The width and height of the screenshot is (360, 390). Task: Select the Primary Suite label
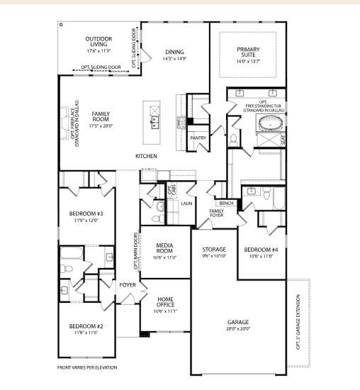(x=247, y=52)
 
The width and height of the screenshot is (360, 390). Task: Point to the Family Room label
(x=101, y=117)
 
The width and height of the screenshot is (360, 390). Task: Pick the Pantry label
(x=198, y=138)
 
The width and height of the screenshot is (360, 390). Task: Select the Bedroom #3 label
(x=87, y=213)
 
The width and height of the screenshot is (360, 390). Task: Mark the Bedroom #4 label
(x=261, y=250)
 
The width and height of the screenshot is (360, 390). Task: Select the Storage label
(x=213, y=250)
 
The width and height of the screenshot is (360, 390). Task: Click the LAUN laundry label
(x=186, y=204)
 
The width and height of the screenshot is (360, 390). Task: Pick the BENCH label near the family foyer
(x=227, y=204)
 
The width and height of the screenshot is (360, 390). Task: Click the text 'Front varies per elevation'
(x=87, y=367)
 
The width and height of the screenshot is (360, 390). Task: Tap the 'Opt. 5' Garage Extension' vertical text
(x=299, y=323)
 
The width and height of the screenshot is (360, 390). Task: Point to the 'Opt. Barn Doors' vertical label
(x=135, y=252)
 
